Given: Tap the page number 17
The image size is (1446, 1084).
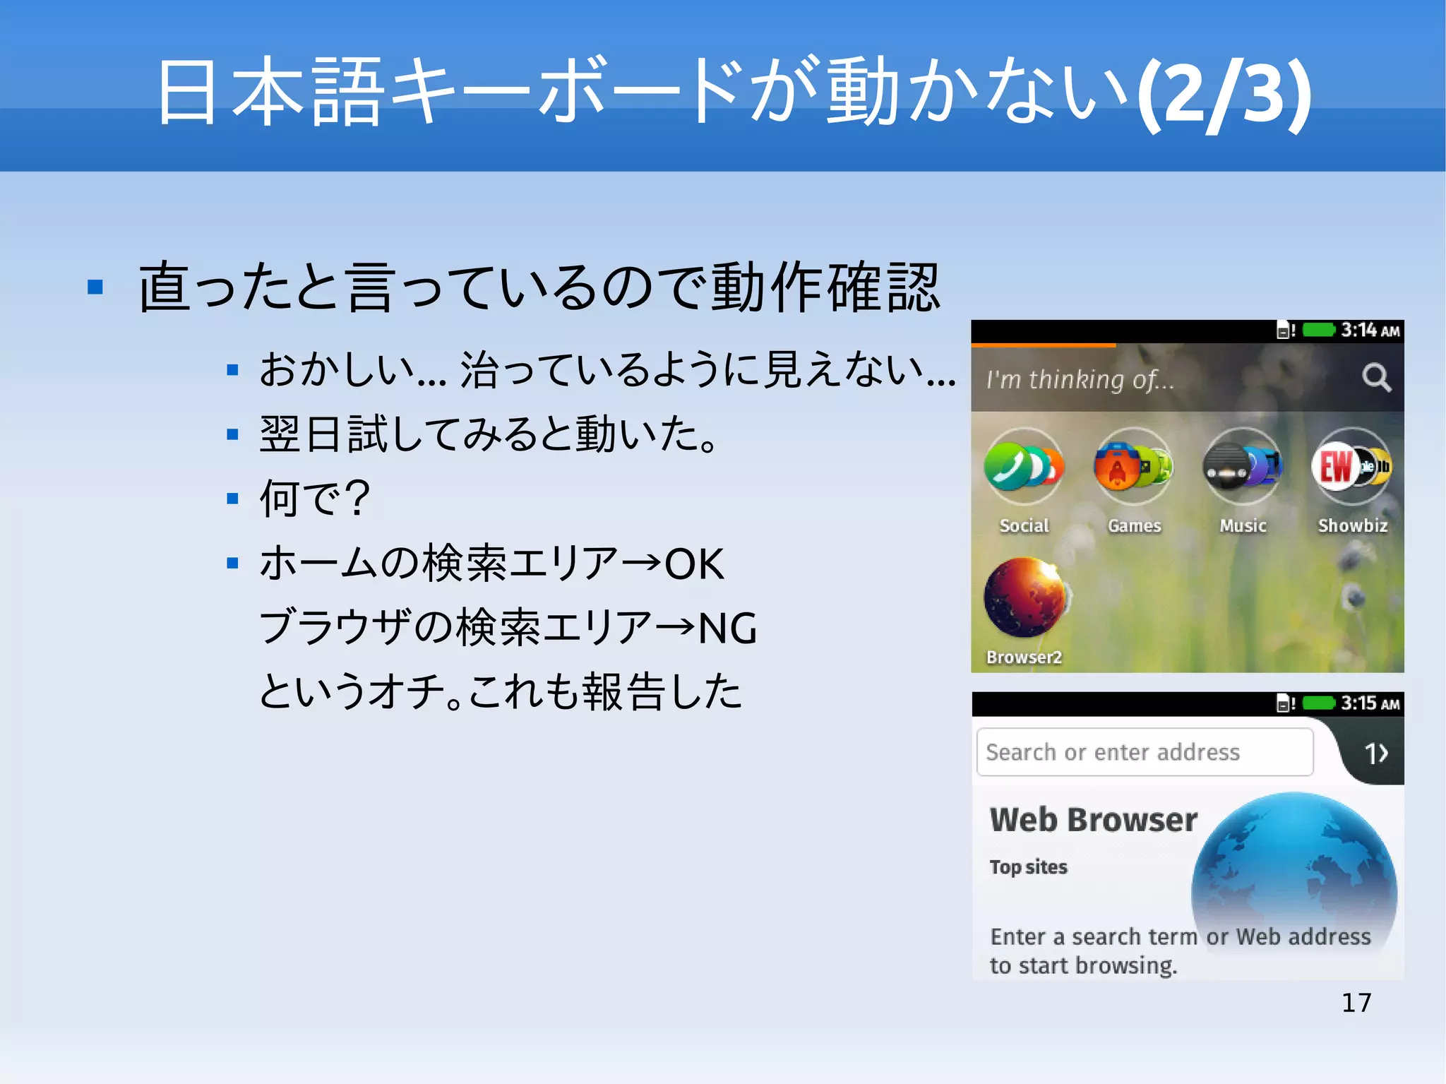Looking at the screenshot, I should click(1356, 1003).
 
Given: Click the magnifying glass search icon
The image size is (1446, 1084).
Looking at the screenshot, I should click(1376, 378).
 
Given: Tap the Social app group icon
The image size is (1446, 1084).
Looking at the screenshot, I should click(1024, 467).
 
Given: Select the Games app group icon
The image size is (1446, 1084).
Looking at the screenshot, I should click(1133, 467).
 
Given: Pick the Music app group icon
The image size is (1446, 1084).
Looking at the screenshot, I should click(1243, 467).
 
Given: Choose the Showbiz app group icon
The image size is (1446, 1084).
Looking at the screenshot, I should click(1352, 467).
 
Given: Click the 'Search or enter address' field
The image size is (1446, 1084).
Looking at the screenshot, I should click(1144, 752).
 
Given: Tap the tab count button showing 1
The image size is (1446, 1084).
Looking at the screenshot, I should click(1375, 754).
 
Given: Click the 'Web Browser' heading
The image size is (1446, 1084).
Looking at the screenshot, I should click(1093, 820).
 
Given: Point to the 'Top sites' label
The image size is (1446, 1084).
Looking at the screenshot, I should click(1028, 867).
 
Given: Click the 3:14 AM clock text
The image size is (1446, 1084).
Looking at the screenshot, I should click(1370, 330).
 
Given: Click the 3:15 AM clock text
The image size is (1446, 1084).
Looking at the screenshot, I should click(1370, 703).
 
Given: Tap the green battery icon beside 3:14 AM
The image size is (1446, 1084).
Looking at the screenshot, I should click(1318, 330).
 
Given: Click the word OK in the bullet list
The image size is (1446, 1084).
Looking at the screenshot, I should click(694, 564).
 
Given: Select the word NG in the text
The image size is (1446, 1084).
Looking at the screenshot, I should click(727, 628).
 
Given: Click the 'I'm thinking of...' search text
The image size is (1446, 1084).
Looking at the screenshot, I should click(1080, 380).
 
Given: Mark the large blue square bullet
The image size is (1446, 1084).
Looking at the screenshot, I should click(95, 287).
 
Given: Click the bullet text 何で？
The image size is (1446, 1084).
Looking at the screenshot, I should click(314, 499).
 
